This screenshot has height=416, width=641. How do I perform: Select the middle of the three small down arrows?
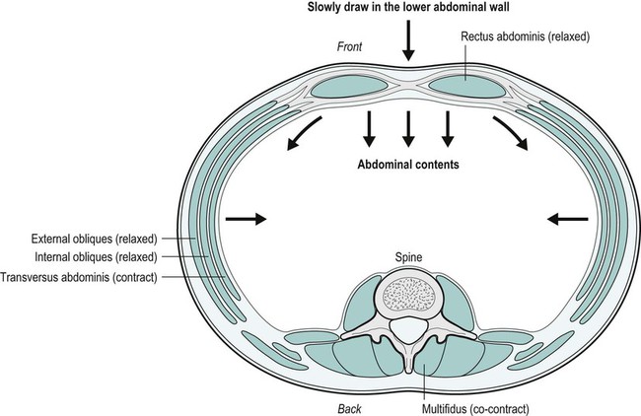pyautogui.click(x=407, y=126)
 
